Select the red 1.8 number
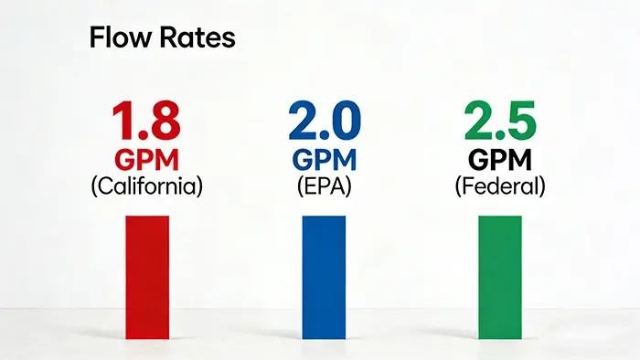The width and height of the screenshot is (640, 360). [146, 122]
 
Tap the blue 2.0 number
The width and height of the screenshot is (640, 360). [324, 122]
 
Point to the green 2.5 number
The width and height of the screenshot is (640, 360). [500, 122]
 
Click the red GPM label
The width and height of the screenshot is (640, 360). [146, 159]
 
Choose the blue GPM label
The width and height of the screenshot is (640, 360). [324, 159]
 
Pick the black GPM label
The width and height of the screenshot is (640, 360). [500, 159]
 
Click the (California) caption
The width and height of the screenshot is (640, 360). [146, 186]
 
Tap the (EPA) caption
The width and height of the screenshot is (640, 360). [324, 186]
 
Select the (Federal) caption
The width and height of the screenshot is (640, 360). [500, 186]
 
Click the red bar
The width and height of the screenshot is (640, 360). [147, 274]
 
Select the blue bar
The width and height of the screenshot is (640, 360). [324, 274]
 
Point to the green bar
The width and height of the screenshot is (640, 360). [500, 274]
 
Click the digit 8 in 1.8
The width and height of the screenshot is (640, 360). [165, 122]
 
